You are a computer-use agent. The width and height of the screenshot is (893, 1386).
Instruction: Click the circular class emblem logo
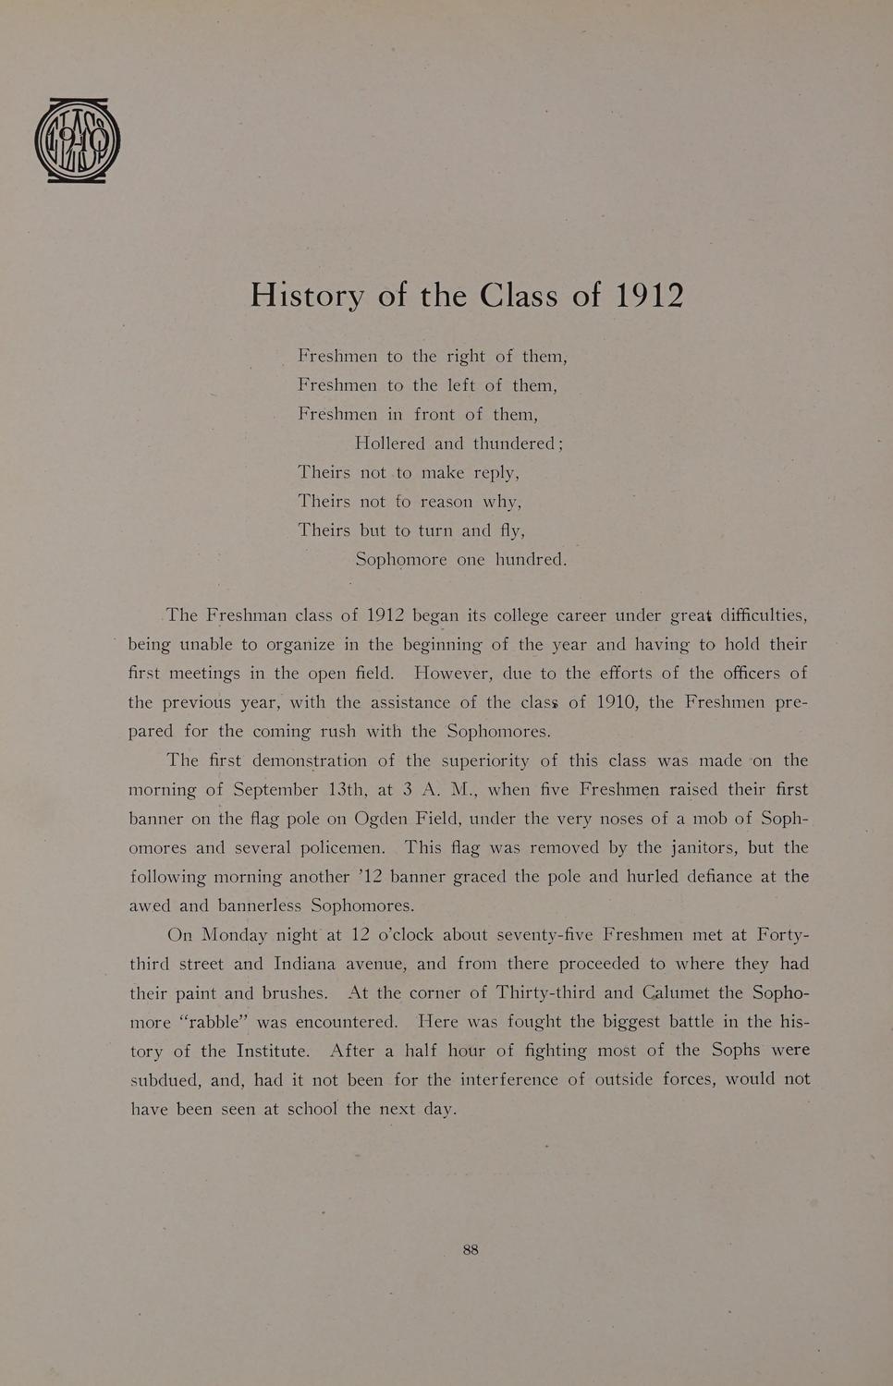(x=78, y=140)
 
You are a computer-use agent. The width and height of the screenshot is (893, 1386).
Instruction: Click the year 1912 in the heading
(x=649, y=295)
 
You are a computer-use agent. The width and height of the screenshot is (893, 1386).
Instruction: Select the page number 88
(x=471, y=1249)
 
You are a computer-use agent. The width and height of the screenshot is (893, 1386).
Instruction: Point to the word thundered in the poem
(x=514, y=444)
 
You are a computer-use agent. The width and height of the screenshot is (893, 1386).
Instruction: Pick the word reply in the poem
(x=495, y=473)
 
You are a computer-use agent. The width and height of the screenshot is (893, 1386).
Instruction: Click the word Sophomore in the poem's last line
(x=401, y=560)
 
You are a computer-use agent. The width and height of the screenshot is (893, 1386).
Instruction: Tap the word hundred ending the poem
(x=529, y=560)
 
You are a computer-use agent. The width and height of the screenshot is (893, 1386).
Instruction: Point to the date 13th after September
(x=349, y=790)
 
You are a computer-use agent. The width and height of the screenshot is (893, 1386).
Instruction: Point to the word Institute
(x=272, y=1052)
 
